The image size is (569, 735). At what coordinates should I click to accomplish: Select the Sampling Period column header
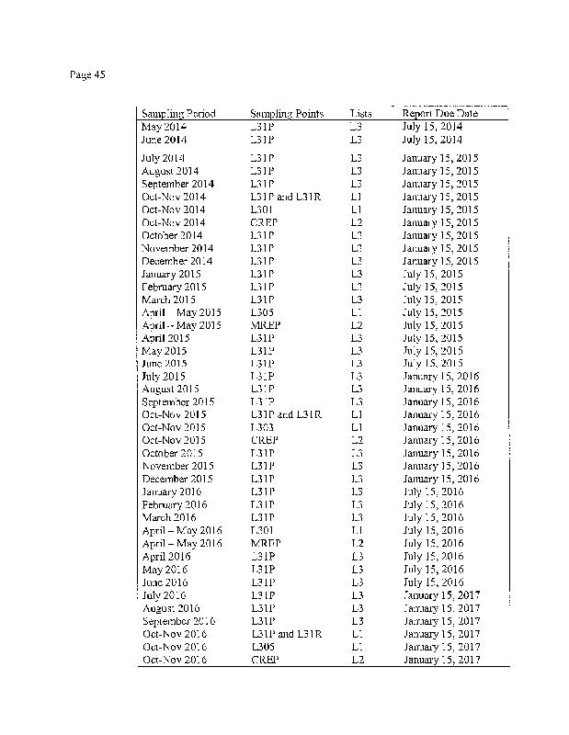pos(178,114)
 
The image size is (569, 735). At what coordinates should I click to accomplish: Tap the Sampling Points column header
pos(287,114)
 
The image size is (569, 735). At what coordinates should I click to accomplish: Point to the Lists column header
pos(360,114)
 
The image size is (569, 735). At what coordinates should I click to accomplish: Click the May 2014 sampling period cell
pos(164,127)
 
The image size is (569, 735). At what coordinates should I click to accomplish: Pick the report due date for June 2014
pos(432,140)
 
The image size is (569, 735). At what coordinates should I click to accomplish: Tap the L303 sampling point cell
pos(262,427)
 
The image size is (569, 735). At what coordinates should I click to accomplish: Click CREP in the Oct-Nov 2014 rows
pos(265,222)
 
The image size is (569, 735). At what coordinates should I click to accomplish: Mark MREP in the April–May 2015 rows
pos(265,325)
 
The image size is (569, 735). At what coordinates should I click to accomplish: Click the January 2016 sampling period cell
pos(172,492)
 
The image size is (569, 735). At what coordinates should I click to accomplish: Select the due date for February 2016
pos(433,504)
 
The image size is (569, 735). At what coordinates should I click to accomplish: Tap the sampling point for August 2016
pos(263,608)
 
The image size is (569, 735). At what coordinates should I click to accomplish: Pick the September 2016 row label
pos(178,621)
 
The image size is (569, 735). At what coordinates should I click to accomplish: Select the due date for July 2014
pos(440,158)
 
